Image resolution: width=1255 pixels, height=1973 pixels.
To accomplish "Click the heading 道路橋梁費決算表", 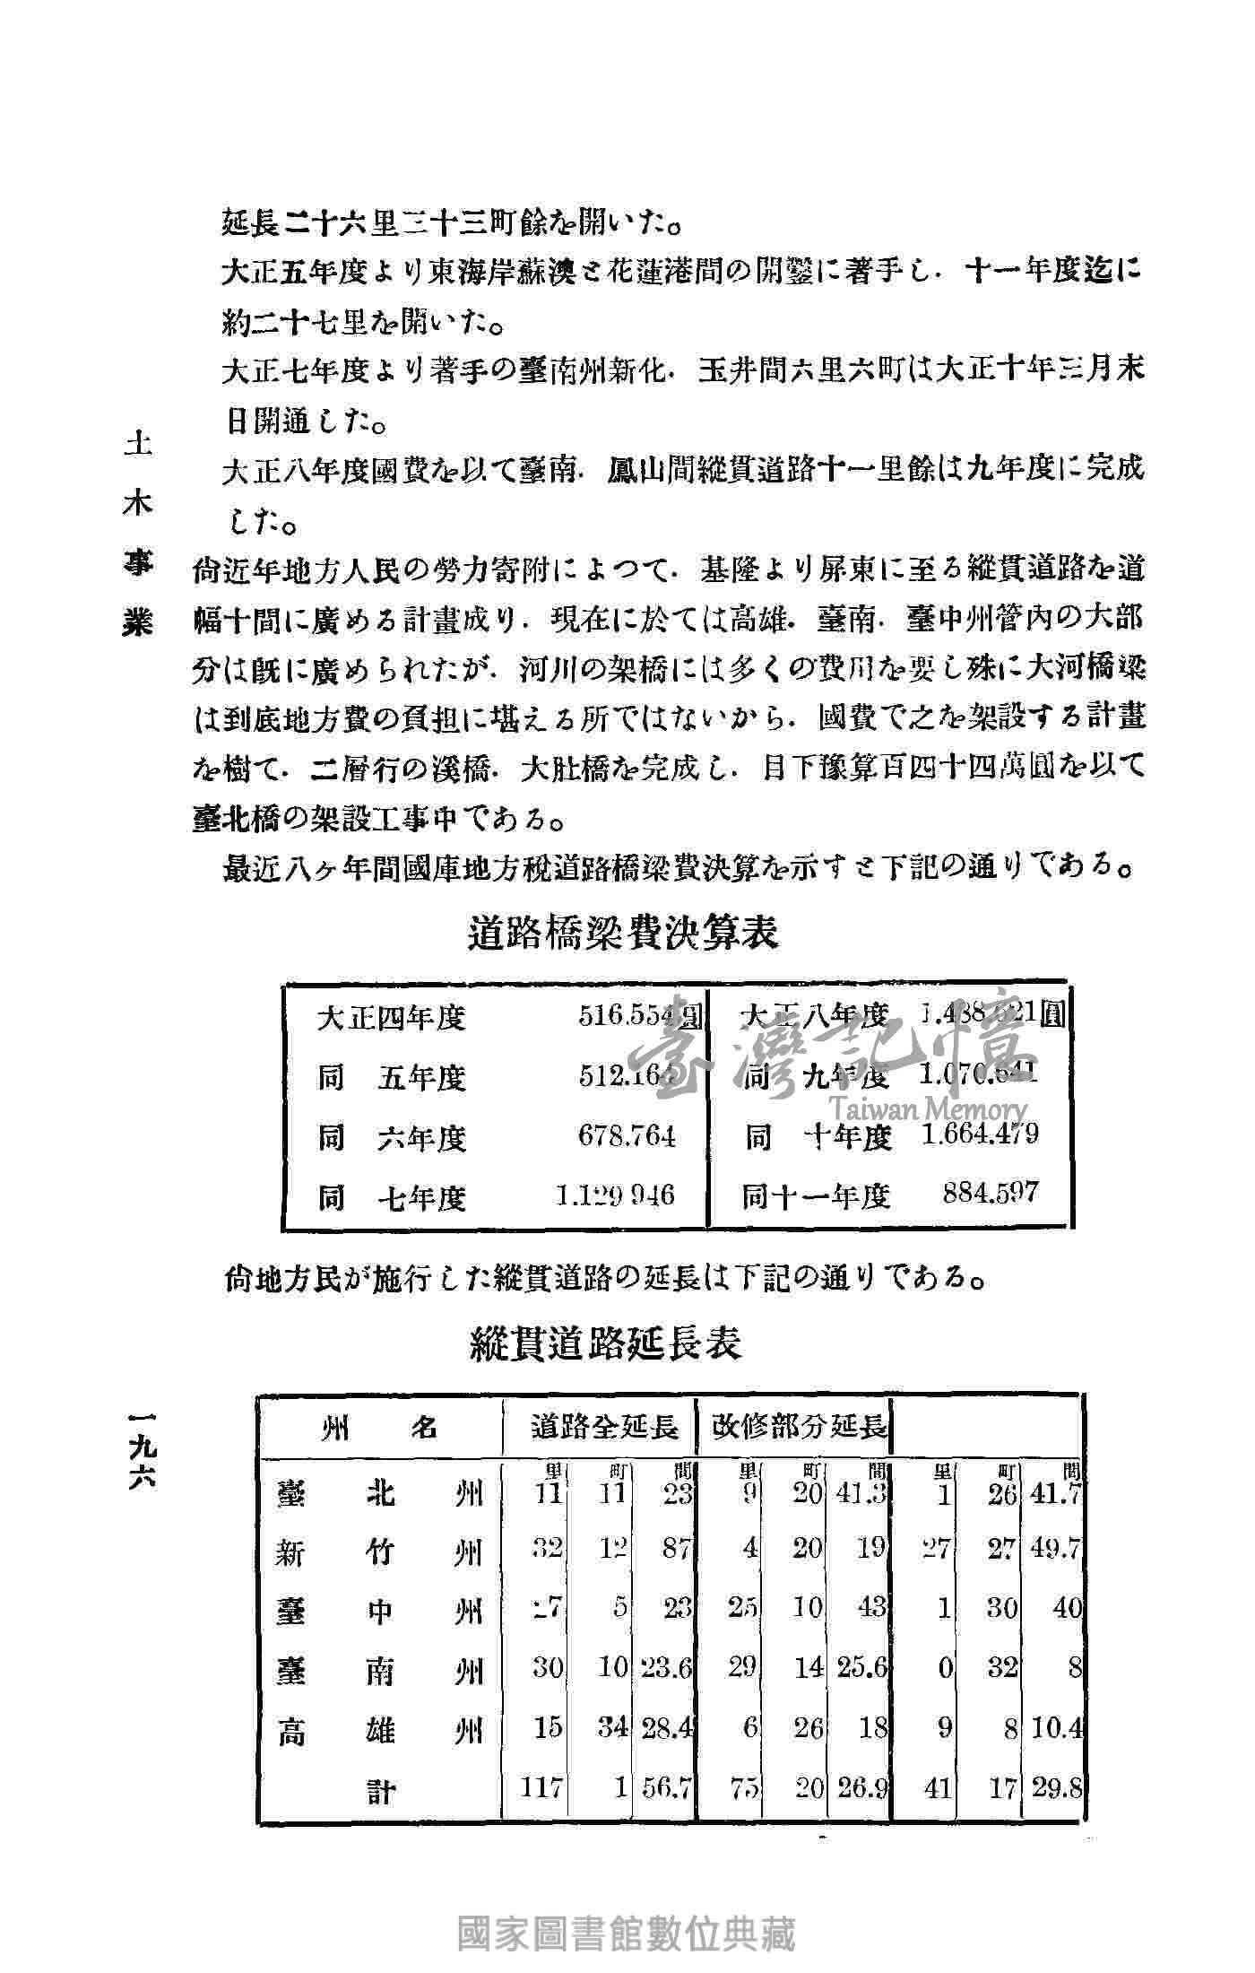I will pyautogui.click(x=623, y=934).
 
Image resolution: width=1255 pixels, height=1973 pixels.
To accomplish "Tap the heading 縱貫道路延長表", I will pyautogui.click(x=606, y=1345).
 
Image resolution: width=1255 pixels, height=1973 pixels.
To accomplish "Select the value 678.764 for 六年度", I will pyautogui.click(x=627, y=1137).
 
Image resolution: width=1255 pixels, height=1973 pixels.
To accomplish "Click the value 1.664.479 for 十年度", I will pyautogui.click(x=980, y=1134).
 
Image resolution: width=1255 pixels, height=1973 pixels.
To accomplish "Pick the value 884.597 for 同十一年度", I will pyautogui.click(x=990, y=1193).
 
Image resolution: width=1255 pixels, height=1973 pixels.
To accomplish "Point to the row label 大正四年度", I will pyautogui.click(x=392, y=1018).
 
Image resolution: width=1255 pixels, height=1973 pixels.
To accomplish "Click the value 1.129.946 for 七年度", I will pyautogui.click(x=615, y=1195).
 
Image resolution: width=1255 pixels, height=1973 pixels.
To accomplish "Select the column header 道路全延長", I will pyautogui.click(x=603, y=1427).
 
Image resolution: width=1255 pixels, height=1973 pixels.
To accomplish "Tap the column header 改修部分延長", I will pyautogui.click(x=799, y=1427).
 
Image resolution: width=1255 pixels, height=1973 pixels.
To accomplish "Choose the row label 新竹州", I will pyautogui.click(x=380, y=1551).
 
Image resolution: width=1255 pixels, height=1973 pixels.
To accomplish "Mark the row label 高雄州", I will pyautogui.click(x=380, y=1729).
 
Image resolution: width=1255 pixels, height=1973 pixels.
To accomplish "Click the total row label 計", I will pyautogui.click(x=382, y=1791).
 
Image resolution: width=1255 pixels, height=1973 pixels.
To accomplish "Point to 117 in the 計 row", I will pyautogui.click(x=542, y=1788).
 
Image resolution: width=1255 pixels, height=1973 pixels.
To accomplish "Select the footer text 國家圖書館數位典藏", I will pyautogui.click(x=627, y=1928).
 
